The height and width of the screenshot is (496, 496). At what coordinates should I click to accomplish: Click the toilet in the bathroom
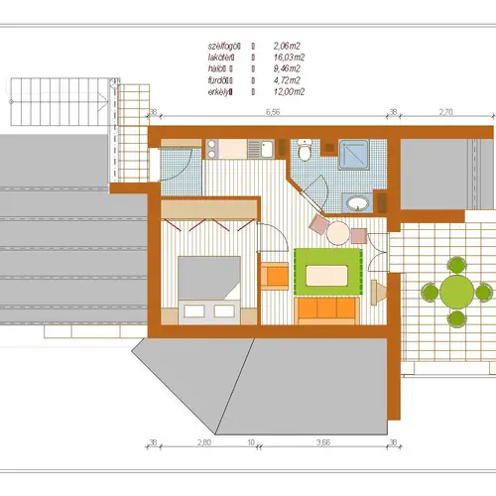(x=305, y=151)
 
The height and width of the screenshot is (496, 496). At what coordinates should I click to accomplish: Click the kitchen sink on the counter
(x=261, y=150)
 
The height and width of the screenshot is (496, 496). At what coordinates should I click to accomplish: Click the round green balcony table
(x=456, y=292)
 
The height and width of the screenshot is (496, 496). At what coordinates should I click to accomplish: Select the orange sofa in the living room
(x=328, y=310)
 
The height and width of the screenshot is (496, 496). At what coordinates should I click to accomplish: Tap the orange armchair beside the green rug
(x=274, y=274)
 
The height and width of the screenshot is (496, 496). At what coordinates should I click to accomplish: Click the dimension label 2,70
(x=445, y=113)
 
